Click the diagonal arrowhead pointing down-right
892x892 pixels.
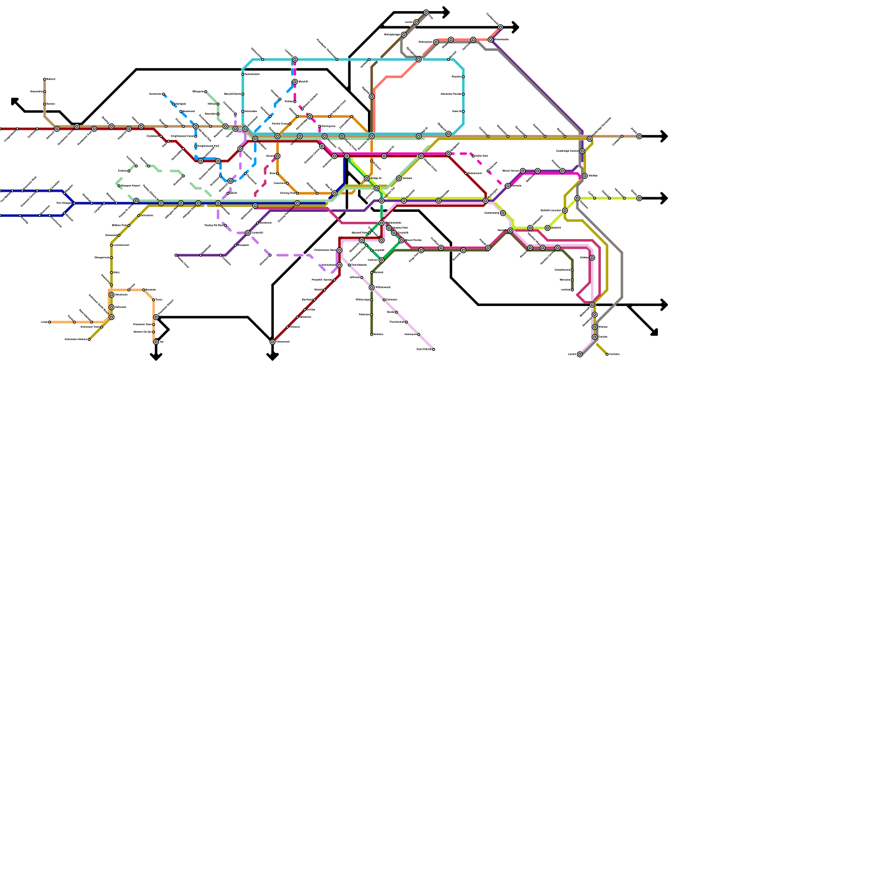[655, 333]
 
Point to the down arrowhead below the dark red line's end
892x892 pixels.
[273, 356]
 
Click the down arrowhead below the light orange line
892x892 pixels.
[156, 356]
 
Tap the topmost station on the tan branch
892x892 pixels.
[45, 79]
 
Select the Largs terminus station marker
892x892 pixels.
[49, 322]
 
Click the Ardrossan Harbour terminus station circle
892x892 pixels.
[89, 340]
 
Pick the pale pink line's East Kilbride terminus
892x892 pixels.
[434, 350]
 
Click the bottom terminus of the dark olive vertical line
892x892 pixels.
[372, 334]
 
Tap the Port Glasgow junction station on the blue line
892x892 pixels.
[74, 203]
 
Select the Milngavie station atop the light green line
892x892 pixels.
[206, 91]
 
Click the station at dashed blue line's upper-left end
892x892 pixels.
[163, 94]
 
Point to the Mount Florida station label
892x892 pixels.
[413, 240]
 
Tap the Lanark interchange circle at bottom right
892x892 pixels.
[580, 355]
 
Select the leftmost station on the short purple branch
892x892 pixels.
[176, 255]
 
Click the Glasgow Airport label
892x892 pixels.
[130, 186]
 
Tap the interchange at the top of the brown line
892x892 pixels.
[426, 12]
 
